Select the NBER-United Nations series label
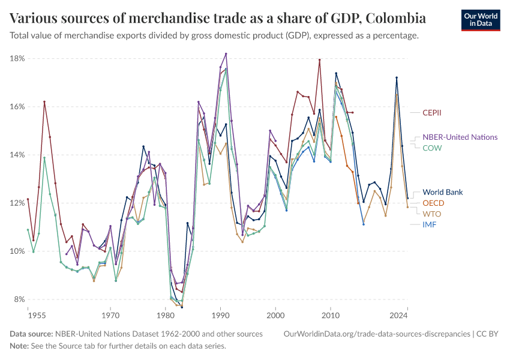tap(460, 137)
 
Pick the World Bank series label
tap(442, 192)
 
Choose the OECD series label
tap(433, 203)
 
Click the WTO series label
tap(432, 214)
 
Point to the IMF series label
tap(430, 224)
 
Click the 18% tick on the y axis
tap(17, 58)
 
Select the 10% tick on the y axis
tap(17, 251)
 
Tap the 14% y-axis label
tap(17, 155)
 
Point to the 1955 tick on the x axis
tap(36, 314)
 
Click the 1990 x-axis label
tap(220, 314)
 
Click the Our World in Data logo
tap(480, 19)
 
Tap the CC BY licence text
tap(490, 334)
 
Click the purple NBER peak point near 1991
tap(226, 53)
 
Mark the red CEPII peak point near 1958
tap(44, 101)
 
